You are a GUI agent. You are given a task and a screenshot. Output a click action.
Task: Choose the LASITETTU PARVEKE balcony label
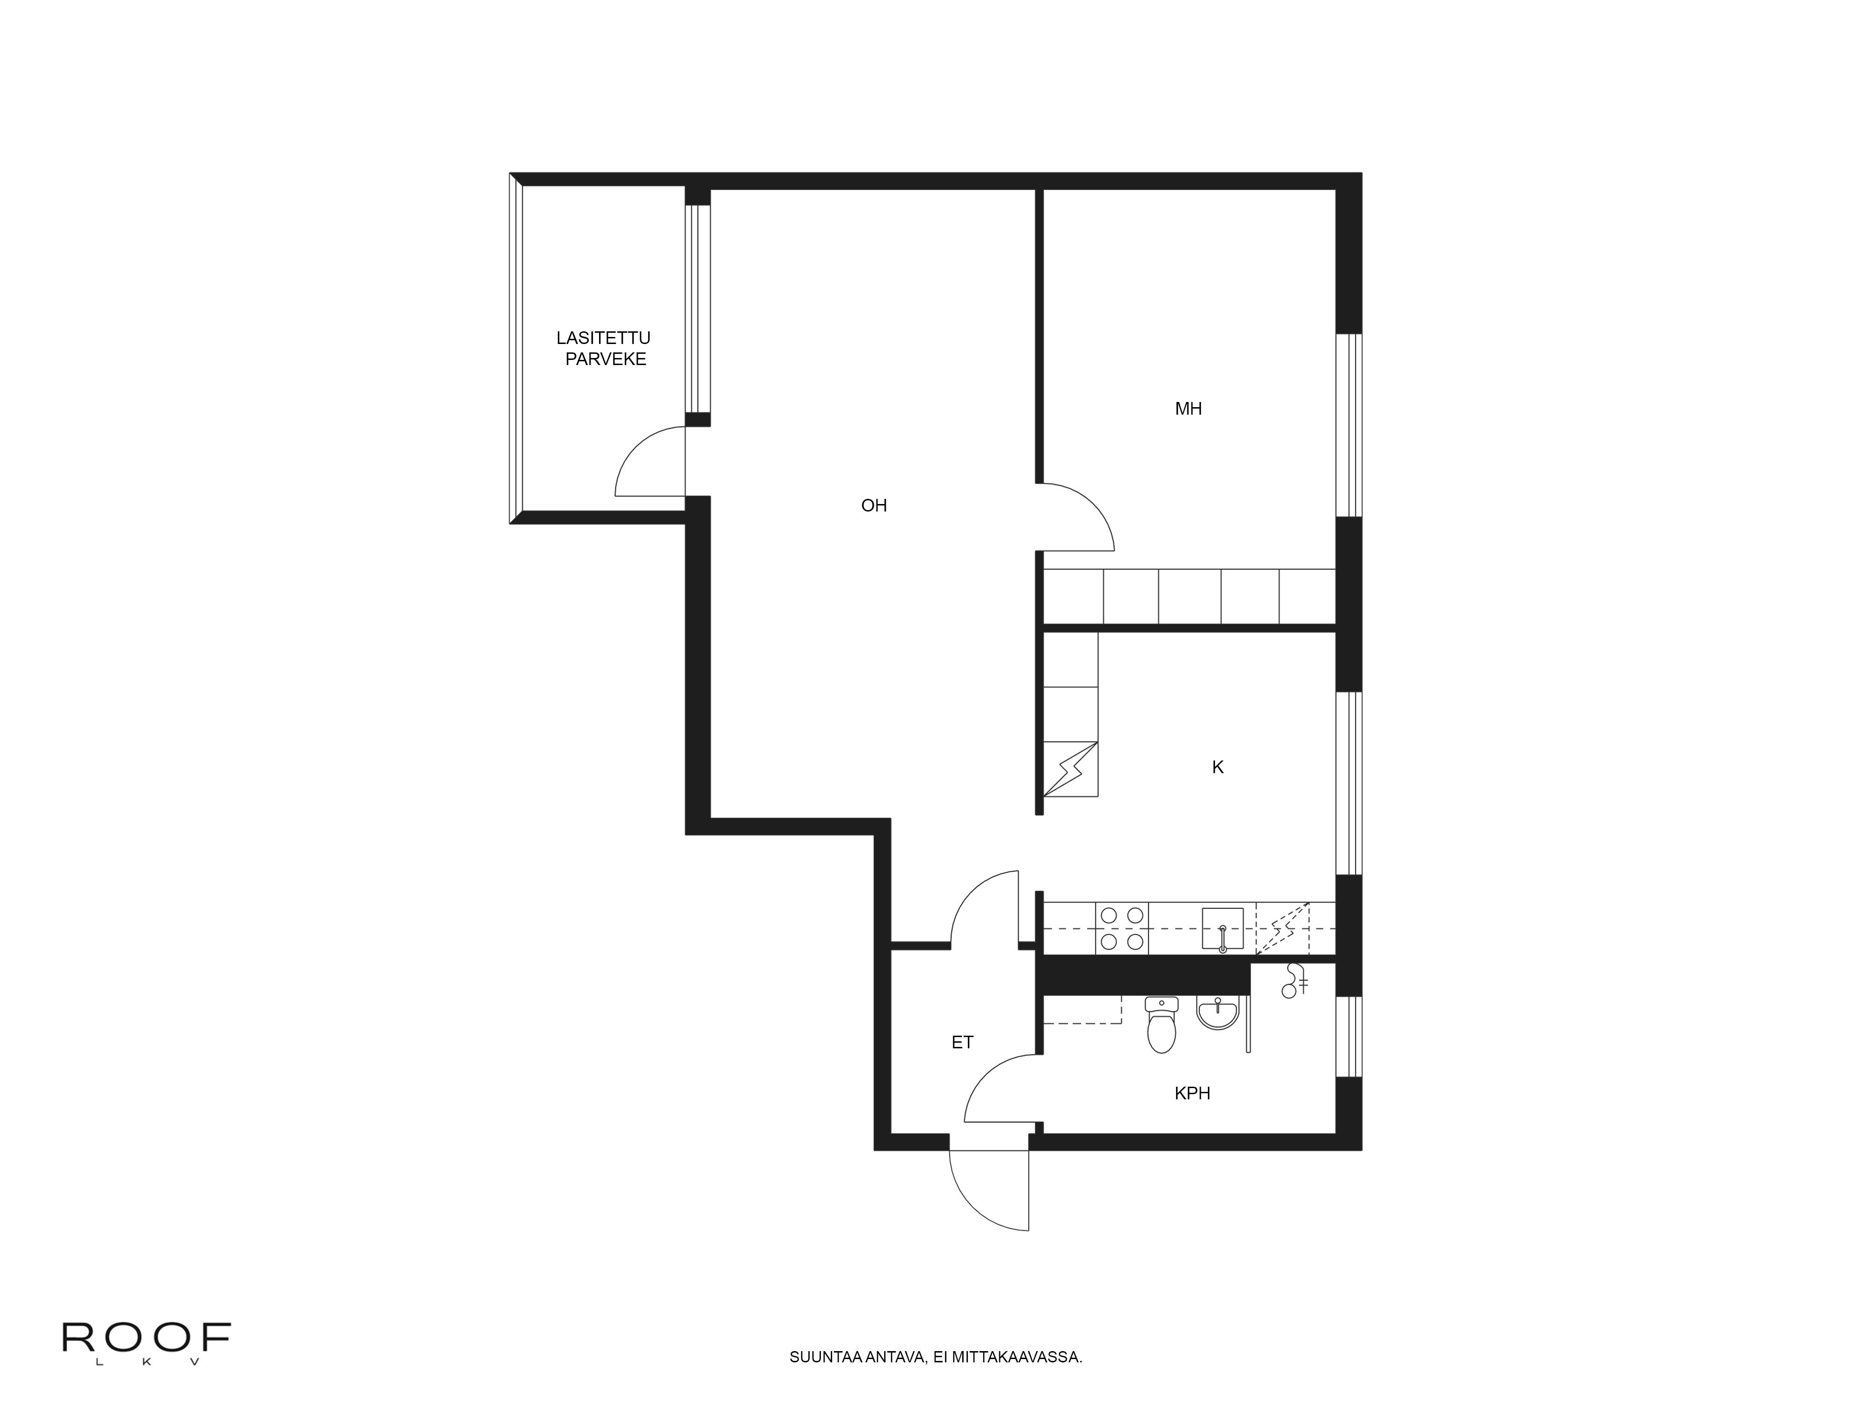[604, 348]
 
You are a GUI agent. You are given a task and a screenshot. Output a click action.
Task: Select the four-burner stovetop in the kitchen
[1122, 929]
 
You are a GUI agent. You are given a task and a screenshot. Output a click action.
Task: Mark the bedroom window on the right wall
[1348, 425]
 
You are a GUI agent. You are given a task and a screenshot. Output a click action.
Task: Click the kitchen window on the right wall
[1348, 783]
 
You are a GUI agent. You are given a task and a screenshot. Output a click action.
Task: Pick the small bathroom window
[1348, 1037]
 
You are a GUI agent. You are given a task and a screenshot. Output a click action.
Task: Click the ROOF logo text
[146, 1337]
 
